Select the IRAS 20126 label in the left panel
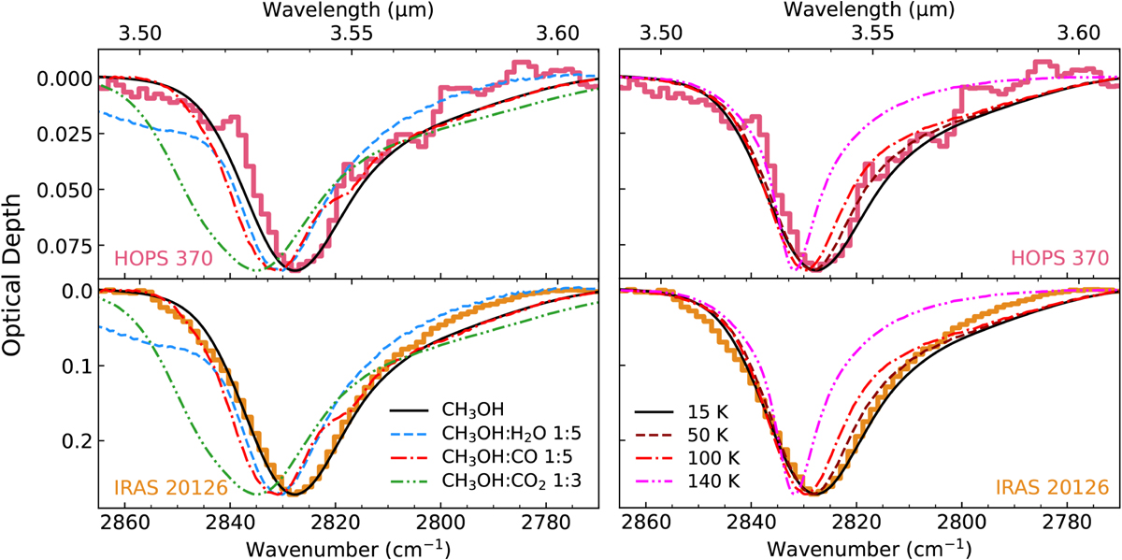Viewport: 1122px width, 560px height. click(163, 488)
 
